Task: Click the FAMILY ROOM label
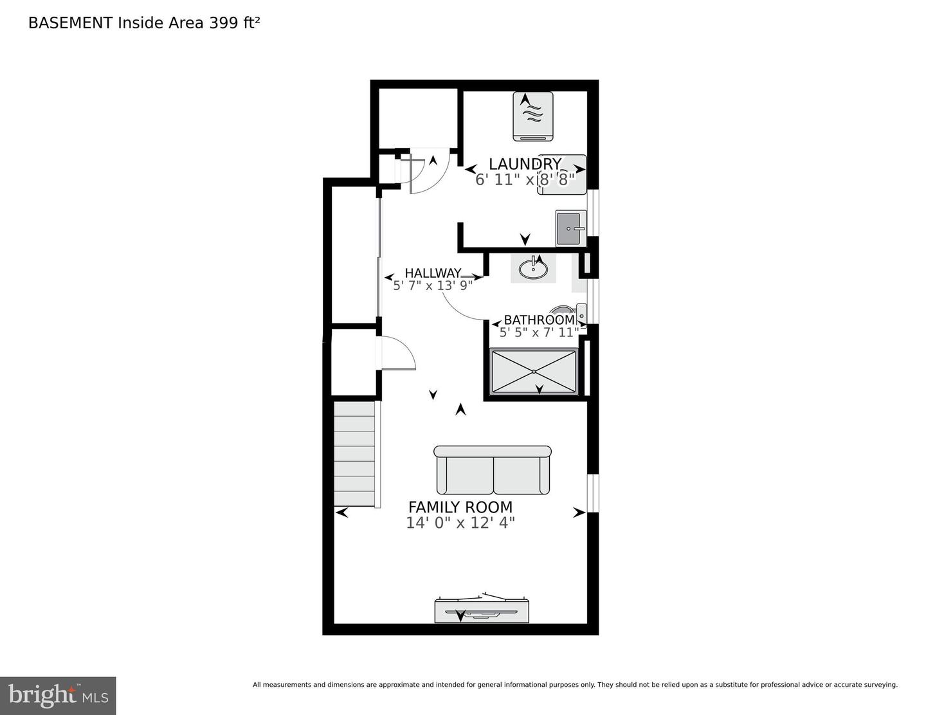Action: [x=460, y=507]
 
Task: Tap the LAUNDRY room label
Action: [x=525, y=164]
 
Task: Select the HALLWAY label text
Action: [x=432, y=273]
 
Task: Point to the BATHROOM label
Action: [x=539, y=320]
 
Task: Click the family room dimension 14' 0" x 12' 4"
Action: [x=460, y=523]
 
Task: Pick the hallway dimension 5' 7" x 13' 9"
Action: [x=433, y=285]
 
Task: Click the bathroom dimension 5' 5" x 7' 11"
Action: [x=539, y=332]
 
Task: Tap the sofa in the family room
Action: [x=493, y=471]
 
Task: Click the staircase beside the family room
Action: [x=354, y=453]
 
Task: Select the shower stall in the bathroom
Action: [x=534, y=371]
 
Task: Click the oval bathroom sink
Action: [x=533, y=267]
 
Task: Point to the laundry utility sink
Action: [x=570, y=228]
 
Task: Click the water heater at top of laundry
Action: [x=533, y=116]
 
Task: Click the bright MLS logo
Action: [x=58, y=695]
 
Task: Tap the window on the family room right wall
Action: [x=593, y=493]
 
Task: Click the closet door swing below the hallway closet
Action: [x=399, y=354]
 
